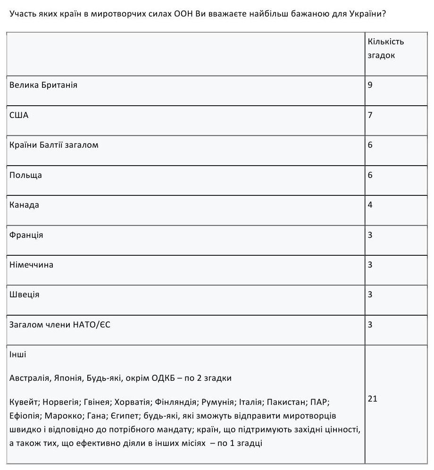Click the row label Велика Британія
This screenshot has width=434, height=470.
pos(43,85)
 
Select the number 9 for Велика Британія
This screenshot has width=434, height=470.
pos(370,85)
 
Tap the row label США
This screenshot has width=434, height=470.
pos(19,115)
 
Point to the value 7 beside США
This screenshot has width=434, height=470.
pos(370,115)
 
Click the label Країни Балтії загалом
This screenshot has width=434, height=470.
pos(54,145)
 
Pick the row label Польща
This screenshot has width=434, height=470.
pos(25,175)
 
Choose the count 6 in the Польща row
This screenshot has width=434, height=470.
pos(370,175)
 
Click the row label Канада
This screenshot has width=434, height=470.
pos(24,205)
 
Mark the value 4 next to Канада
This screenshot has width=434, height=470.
pos(370,205)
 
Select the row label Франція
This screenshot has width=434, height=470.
pos(26,235)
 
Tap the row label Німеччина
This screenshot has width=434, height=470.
pos(31,265)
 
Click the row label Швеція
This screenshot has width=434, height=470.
pos(25,294)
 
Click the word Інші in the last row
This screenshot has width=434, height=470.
pos(18,354)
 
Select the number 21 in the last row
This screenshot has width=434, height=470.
pos(373,399)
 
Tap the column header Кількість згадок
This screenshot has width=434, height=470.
pos(386,48)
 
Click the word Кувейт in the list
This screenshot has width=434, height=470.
pos(24,403)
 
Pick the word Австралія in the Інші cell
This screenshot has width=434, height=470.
pos(29,378)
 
